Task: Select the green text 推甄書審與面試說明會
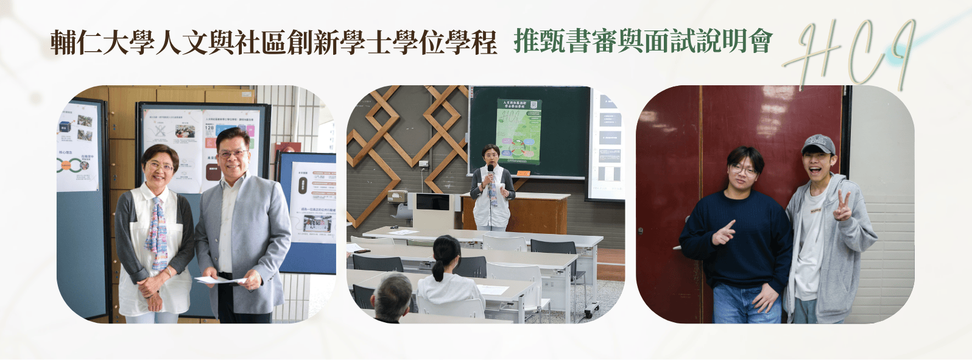tap(643, 41)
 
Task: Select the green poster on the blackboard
tap(518, 132)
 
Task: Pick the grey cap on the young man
tap(818, 144)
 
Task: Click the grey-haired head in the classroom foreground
tap(392, 293)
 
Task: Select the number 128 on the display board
tap(210, 128)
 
